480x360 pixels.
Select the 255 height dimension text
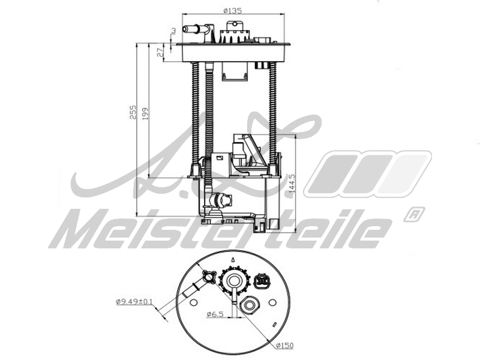133,112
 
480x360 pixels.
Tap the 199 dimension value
145,112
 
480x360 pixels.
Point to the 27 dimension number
160,52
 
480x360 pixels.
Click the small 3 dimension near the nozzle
173,30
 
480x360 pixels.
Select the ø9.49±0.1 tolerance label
134,302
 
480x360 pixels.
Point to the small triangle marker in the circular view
232,259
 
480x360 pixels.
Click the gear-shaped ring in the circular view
233,280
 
